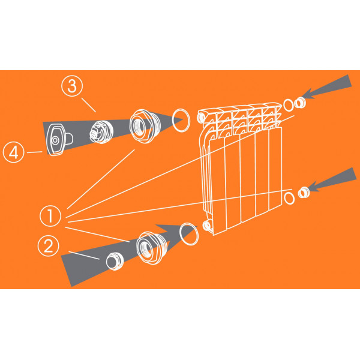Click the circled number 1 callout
coord(50,216)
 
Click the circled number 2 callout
coord(48,246)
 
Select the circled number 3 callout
coord(72,86)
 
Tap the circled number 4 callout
coord(14,152)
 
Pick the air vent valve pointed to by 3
coord(101,132)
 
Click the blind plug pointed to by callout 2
coord(115,261)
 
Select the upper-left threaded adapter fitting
coord(145,126)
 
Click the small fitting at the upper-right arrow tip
coord(300,103)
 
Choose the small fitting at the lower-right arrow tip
coord(304,193)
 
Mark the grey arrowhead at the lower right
coord(332,179)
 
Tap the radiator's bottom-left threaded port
coord(207,225)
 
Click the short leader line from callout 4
coord(35,152)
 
